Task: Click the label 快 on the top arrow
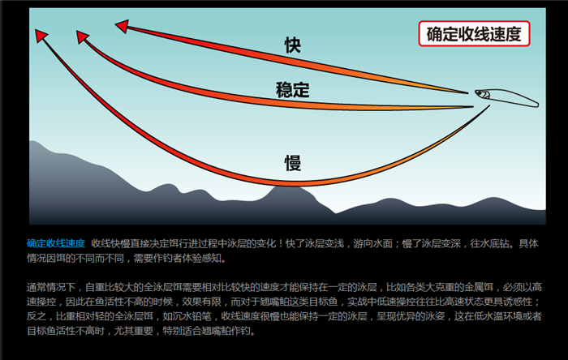pos(292,45)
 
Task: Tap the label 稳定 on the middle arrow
pos(293,89)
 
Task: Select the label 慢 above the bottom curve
pos(293,163)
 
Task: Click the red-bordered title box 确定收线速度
pos(474,33)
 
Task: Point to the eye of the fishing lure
pos(481,94)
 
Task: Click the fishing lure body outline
pos(506,97)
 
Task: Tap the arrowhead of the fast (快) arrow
pos(122,26)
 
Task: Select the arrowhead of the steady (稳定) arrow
pos(82,36)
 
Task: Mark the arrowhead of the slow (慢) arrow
pos(41,36)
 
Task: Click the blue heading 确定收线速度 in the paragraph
pos(56,243)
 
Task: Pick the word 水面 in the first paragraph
pos(383,243)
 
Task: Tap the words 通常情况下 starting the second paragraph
pos(51,287)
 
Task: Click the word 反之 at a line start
pos(37,316)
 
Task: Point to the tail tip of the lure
pos(538,105)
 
